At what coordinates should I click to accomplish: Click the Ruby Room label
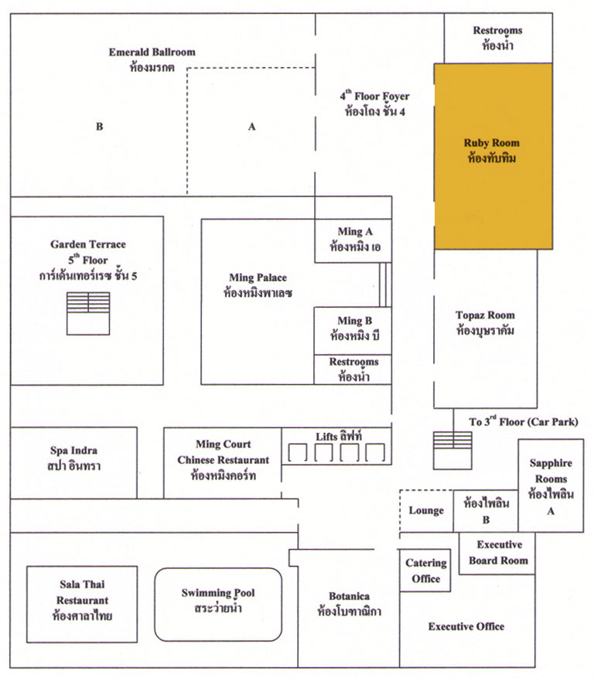click(x=491, y=151)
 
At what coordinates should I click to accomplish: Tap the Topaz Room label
click(x=485, y=323)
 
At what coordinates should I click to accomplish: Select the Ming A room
click(x=353, y=240)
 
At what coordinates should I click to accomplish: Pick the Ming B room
click(x=353, y=331)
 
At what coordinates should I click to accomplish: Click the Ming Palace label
click(x=258, y=285)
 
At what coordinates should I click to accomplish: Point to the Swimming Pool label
click(x=218, y=600)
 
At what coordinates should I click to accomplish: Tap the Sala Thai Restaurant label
click(x=82, y=600)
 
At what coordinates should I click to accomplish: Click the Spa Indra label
click(x=73, y=458)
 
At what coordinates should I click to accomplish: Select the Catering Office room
click(x=425, y=571)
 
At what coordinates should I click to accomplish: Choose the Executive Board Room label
click(x=499, y=552)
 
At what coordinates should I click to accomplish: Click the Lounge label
click(x=426, y=511)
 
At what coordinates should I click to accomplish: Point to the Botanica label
click(x=349, y=604)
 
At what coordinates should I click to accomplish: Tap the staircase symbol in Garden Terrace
click(x=88, y=314)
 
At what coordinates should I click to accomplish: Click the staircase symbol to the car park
click(x=452, y=451)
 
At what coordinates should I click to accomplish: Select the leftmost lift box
click(x=298, y=452)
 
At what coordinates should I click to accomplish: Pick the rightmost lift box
click(x=375, y=452)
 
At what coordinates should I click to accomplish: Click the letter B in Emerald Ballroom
click(x=100, y=127)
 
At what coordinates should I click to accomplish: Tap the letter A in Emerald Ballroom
click(x=252, y=127)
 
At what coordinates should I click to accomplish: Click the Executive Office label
click(x=466, y=626)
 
